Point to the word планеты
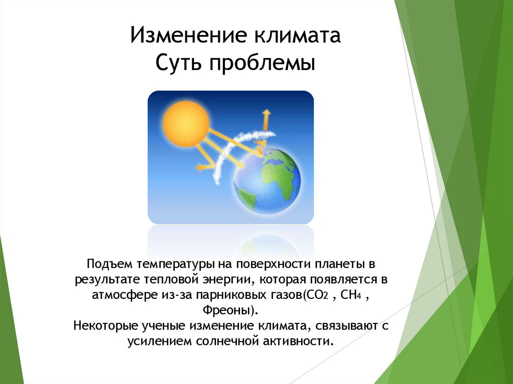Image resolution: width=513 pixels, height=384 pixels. click(x=341, y=263)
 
